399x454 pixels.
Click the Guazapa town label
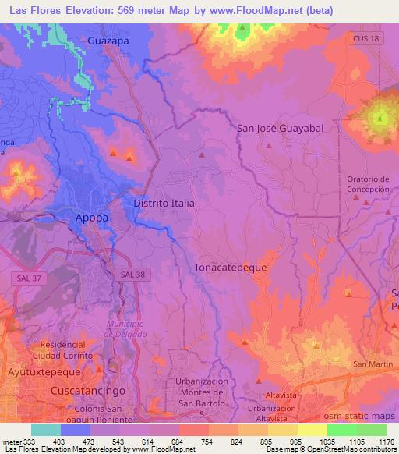108,40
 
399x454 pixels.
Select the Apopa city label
92,218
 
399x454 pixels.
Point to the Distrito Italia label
164,202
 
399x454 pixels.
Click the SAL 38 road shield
133,275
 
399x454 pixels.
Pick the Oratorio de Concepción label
367,184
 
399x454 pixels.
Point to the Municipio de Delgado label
126,328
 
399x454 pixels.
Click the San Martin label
371,364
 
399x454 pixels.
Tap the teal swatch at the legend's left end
46,430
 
